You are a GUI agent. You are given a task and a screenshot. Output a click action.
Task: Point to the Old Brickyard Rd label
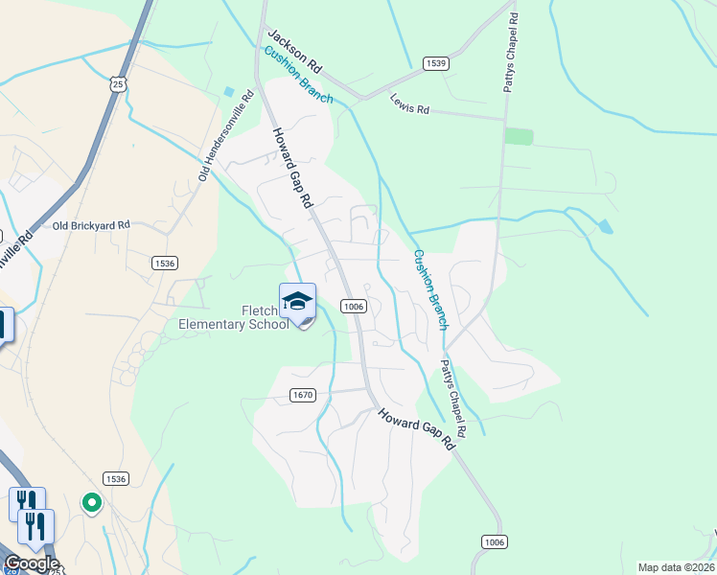91,225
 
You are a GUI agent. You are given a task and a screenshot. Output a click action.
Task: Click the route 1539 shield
436,63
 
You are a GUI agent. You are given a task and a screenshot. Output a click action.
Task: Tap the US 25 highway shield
116,84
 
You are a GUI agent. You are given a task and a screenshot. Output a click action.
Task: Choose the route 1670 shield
302,395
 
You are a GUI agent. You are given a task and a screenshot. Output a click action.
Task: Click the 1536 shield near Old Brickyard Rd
165,262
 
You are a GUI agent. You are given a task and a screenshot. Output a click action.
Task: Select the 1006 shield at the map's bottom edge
494,541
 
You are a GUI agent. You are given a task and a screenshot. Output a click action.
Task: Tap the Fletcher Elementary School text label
234,317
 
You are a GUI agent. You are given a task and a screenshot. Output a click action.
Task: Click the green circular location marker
92,501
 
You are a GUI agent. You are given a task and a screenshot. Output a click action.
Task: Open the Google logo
31,563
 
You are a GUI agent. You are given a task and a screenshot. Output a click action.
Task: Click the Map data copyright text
676,567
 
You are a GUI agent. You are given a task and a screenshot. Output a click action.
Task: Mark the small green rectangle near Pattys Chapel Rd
519,136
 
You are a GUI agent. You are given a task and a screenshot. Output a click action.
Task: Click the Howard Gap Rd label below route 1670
415,429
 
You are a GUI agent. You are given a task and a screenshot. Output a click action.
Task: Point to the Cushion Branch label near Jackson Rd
298,74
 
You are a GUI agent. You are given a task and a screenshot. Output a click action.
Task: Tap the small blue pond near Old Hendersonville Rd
229,92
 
